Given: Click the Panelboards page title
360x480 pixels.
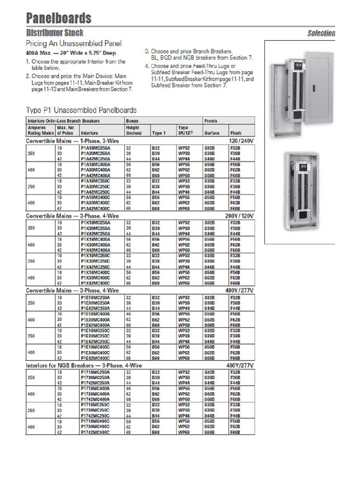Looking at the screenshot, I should tap(59, 18).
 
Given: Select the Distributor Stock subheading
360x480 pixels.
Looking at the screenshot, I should tap(55, 33).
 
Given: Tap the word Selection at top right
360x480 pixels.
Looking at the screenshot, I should tap(321, 33).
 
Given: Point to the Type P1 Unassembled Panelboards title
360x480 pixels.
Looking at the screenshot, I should tap(81, 110).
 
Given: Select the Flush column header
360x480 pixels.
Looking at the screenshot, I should tap(235, 133).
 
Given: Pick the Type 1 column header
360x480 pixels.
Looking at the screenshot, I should tap(158, 133).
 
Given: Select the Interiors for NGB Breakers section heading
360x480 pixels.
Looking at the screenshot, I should tap(84, 365).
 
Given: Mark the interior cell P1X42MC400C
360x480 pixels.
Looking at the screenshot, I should tap(96, 283).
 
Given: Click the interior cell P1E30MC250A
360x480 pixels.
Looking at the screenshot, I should tap(96, 303).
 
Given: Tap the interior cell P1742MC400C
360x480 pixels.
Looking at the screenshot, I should tap(96, 432).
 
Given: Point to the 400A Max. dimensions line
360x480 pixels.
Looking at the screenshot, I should tap(70, 53).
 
